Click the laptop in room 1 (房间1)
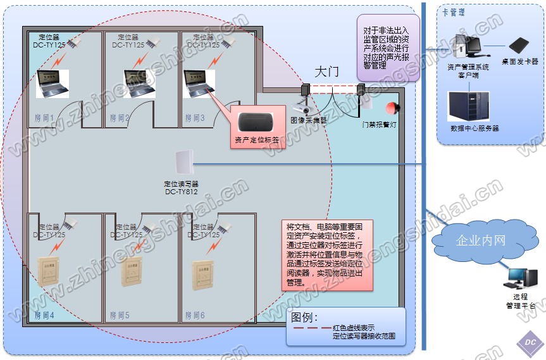[x=52, y=83]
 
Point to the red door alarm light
[x=393, y=108]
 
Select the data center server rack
[x=469, y=106]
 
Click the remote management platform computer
[x=523, y=279]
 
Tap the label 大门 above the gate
[x=326, y=71]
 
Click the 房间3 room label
[x=193, y=118]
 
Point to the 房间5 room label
[x=119, y=314]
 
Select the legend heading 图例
[x=304, y=316]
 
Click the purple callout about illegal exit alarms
[x=387, y=48]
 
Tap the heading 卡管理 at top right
[x=454, y=13]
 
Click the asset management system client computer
[x=468, y=47]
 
